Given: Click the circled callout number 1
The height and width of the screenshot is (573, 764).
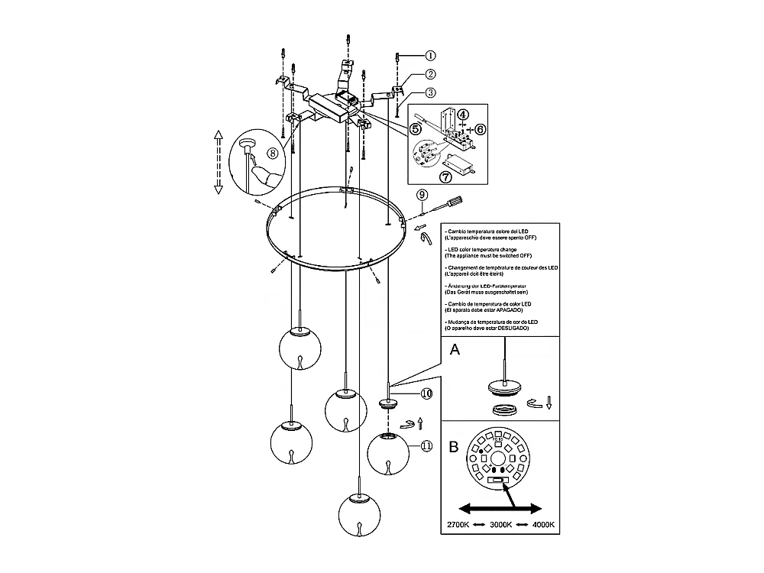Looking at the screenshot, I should (431, 55).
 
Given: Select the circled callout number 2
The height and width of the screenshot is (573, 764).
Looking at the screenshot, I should (431, 74).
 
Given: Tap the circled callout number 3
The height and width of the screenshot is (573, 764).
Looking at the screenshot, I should (431, 93).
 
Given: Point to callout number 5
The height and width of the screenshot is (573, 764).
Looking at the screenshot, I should (416, 128).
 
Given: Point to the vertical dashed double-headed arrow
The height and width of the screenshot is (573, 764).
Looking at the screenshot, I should (218, 161).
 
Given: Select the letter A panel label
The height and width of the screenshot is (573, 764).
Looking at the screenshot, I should (455, 350).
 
